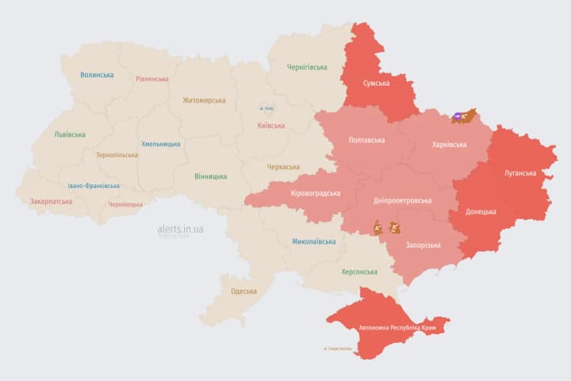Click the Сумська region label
tap(376, 83)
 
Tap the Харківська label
tap(449, 144)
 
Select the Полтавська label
tap(366, 140)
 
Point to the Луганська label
tap(519, 172)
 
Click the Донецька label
tap(481, 212)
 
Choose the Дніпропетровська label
tap(402, 200)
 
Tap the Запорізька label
tap(423, 245)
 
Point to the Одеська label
tap(243, 291)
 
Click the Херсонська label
tap(358, 271)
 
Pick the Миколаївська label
tap(313, 241)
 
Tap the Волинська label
tap(96, 75)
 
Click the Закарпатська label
tap(51, 202)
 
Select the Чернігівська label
tap(306, 67)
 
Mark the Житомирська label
tap(204, 101)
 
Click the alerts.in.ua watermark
tap(180, 229)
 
